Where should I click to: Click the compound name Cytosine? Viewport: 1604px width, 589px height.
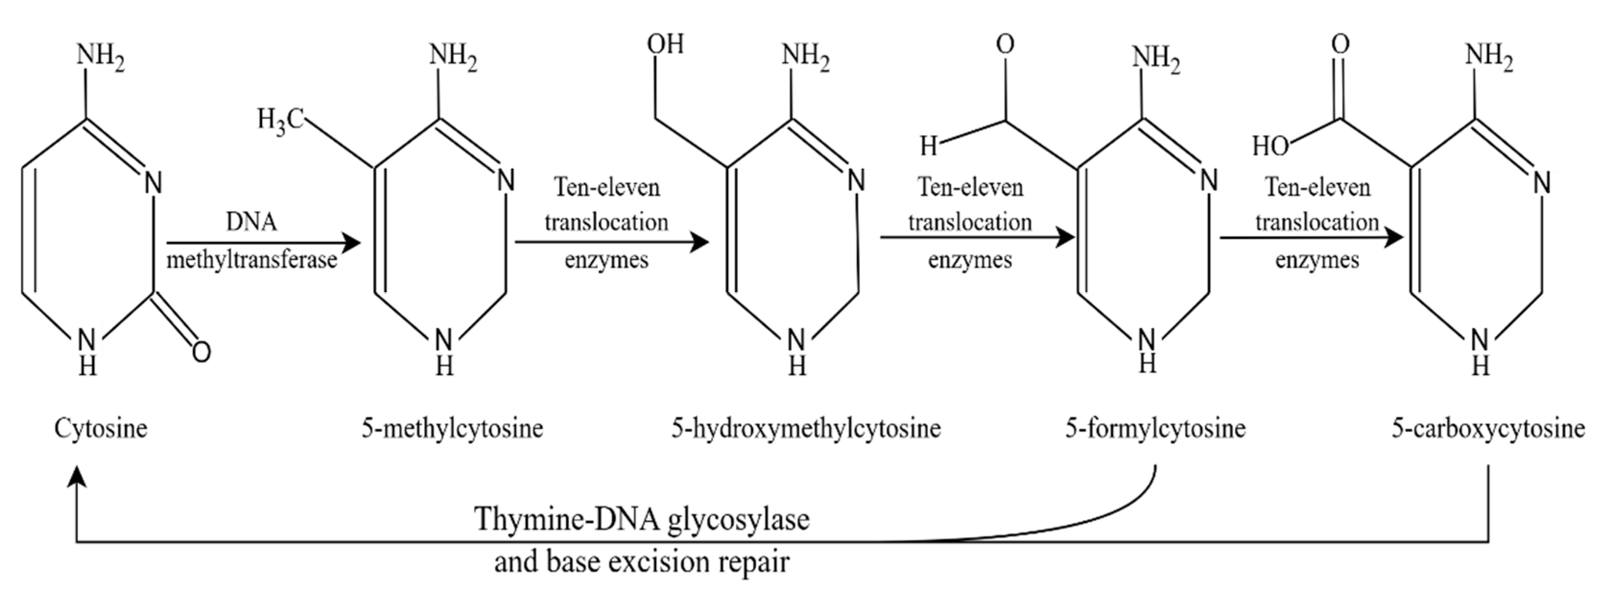point(101,428)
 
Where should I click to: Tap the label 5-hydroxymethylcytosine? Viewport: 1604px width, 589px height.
point(806,428)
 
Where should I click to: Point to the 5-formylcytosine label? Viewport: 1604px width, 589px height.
point(1156,428)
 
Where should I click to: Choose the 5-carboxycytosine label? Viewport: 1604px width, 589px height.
point(1488,428)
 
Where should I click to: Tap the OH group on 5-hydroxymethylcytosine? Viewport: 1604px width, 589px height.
point(665,44)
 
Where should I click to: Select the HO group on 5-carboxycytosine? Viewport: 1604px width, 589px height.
point(1271,146)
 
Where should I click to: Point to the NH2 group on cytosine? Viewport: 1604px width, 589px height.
point(101,57)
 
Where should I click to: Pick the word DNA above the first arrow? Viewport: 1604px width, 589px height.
point(251,222)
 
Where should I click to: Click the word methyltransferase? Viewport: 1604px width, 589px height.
point(251,259)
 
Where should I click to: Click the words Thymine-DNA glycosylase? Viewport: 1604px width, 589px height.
point(642,518)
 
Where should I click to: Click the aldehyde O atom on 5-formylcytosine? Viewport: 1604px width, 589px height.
point(1004,44)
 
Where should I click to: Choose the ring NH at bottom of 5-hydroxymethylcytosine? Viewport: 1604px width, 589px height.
point(797,353)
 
